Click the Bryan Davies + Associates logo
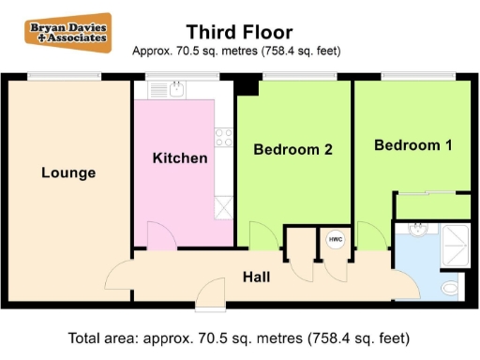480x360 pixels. [67, 33]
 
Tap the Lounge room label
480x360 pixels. [68, 173]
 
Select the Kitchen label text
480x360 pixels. [180, 158]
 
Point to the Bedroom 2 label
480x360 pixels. [293, 148]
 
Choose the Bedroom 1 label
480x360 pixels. [412, 145]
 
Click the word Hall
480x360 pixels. [257, 277]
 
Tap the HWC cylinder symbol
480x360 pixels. [335, 240]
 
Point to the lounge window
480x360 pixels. [66, 75]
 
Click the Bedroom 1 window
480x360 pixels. [413, 75]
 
